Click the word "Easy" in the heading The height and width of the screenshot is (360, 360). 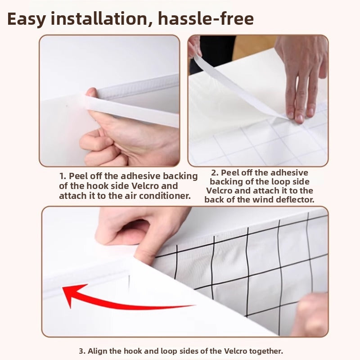(x=26, y=19)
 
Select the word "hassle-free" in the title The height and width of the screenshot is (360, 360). (x=206, y=18)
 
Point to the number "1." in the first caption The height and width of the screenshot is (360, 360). (x=63, y=176)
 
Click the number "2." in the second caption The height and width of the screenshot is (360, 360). (x=215, y=173)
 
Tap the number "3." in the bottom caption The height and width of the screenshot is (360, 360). (x=82, y=351)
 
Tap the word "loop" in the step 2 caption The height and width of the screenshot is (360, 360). (x=279, y=182)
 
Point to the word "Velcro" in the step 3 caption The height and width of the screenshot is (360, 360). (x=235, y=351)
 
